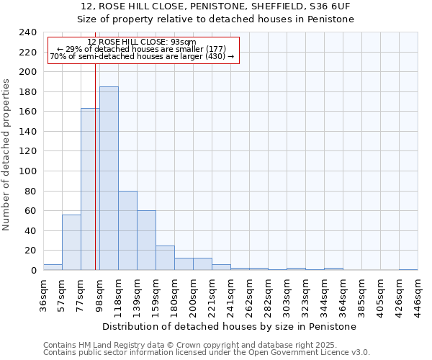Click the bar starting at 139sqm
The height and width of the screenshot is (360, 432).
coord(146,240)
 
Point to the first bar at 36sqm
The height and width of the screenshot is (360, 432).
coord(53,267)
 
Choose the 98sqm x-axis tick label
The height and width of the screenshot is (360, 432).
coord(99,294)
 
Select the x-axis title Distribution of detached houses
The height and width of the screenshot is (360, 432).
coord(230,326)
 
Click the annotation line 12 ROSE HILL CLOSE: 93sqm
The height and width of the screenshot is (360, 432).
coord(141,42)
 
